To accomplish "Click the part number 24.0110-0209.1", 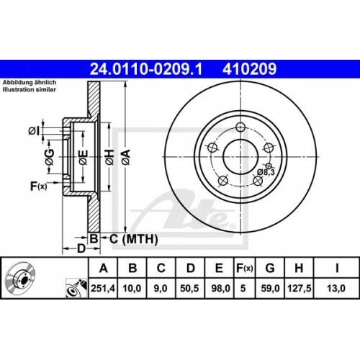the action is point(146,69).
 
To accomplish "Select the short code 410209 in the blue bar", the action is point(249,69).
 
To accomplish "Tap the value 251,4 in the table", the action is point(103,288).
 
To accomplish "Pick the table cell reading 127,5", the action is point(299,288).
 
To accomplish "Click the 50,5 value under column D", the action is point(189,288).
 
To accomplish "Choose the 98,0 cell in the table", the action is point(220,288).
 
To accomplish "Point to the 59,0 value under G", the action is point(270,288).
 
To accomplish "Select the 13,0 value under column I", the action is point(336,288).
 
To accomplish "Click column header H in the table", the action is point(299,268).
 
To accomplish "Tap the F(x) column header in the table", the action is point(245,269).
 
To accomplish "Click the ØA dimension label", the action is point(126,157).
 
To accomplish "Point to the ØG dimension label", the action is point(50,157).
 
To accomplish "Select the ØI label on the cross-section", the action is point(34,131).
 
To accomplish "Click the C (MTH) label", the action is point(134,239).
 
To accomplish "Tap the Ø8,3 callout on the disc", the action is point(266,172).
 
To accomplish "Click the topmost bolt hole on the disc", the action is point(240,127).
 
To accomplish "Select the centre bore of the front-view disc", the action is point(240,157).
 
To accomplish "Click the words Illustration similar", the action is point(30,90).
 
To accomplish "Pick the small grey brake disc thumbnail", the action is point(21,277).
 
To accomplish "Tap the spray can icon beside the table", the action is point(77,288).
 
